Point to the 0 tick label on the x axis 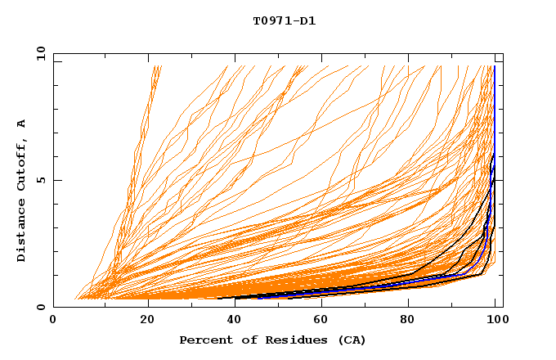[54, 320]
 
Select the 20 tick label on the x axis [143, 320]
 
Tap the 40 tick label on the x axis [232, 320]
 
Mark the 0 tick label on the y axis [40, 308]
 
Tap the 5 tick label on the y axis [40, 181]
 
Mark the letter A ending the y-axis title [22, 124]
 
